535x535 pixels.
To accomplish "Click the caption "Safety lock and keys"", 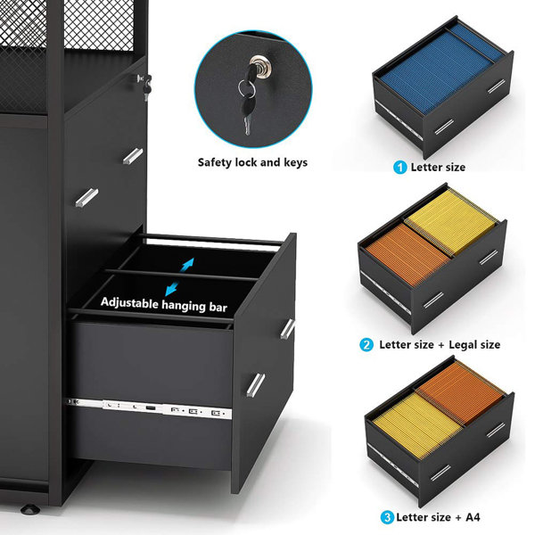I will [252, 162].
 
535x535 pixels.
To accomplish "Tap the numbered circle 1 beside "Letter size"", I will [400, 167].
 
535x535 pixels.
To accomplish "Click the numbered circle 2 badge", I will [366, 344].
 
